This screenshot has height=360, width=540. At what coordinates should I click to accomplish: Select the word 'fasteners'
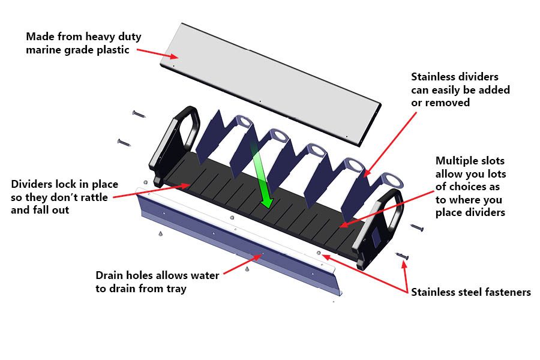tap(508, 292)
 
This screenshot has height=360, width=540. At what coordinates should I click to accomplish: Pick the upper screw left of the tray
tap(139, 113)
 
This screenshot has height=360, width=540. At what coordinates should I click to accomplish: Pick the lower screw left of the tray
tap(124, 142)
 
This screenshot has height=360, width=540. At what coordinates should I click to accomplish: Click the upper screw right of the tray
tap(417, 228)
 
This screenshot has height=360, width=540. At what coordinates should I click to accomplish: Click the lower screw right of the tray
tap(403, 257)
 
